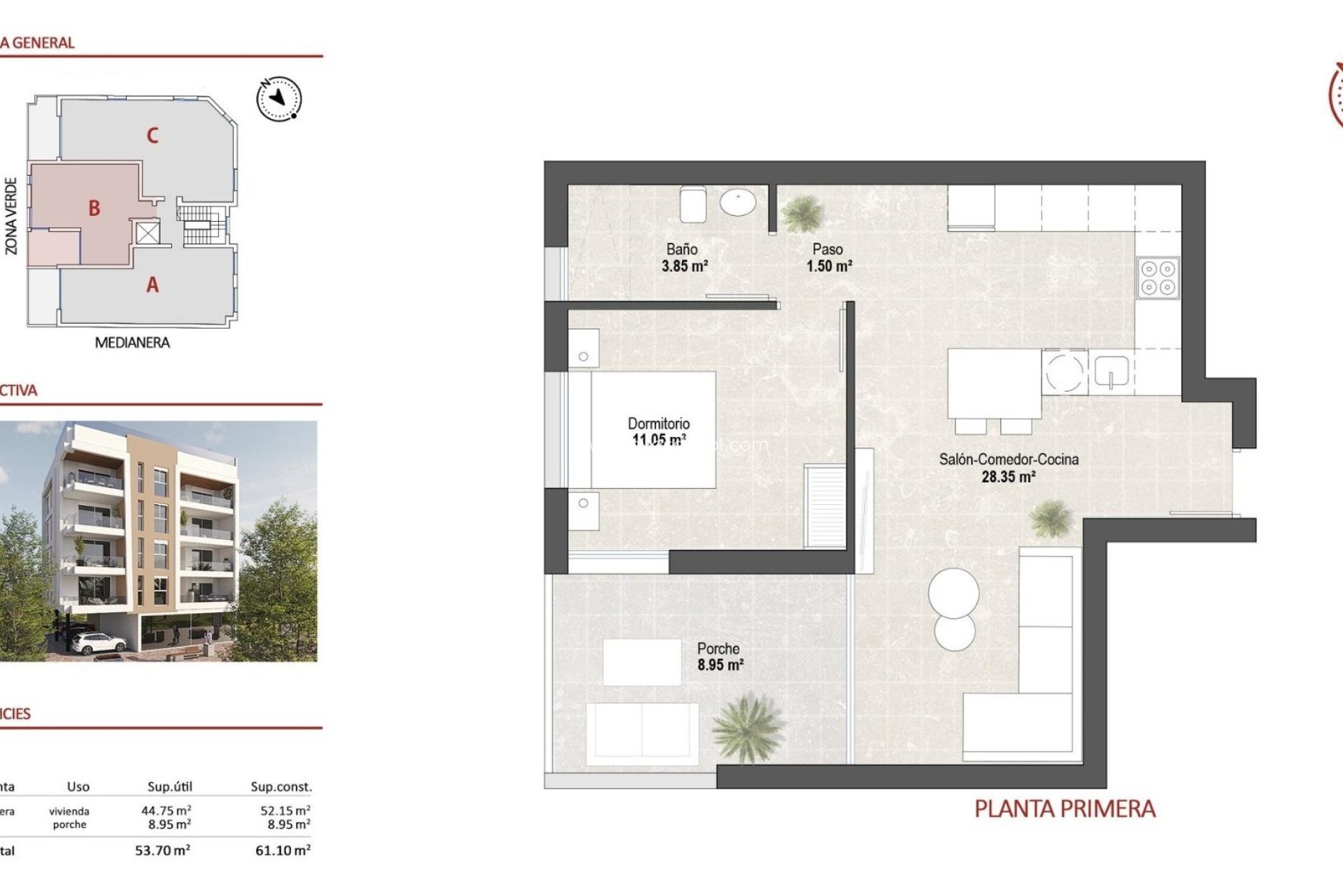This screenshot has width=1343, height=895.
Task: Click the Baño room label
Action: tap(681, 249)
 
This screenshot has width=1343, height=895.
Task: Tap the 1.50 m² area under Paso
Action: tap(829, 266)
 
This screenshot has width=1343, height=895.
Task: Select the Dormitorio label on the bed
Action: tap(658, 423)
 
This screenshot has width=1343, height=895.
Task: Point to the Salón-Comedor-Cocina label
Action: tap(1008, 459)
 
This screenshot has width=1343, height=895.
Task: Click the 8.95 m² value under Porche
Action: tap(720, 665)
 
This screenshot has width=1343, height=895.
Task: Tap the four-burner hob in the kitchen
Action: tap(1158, 278)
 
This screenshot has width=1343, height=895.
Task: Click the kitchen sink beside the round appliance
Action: tap(1111, 372)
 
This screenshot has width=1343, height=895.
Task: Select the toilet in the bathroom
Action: tap(693, 203)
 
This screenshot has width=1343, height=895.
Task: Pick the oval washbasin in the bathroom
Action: tap(738, 203)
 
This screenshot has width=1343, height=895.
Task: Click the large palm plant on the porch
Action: tap(747, 727)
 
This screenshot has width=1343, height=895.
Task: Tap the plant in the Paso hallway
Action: tap(802, 213)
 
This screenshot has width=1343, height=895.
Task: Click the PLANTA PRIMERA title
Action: tap(1065, 809)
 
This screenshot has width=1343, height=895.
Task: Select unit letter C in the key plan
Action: tap(152, 135)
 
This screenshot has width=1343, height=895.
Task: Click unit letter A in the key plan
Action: tap(152, 285)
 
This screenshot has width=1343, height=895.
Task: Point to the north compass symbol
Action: tap(279, 99)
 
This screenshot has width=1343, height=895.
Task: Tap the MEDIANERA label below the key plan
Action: tap(132, 343)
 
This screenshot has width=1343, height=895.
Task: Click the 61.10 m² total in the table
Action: tap(283, 850)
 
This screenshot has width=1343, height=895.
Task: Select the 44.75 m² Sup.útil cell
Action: tap(166, 810)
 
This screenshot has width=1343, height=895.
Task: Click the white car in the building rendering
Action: tap(98, 641)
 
